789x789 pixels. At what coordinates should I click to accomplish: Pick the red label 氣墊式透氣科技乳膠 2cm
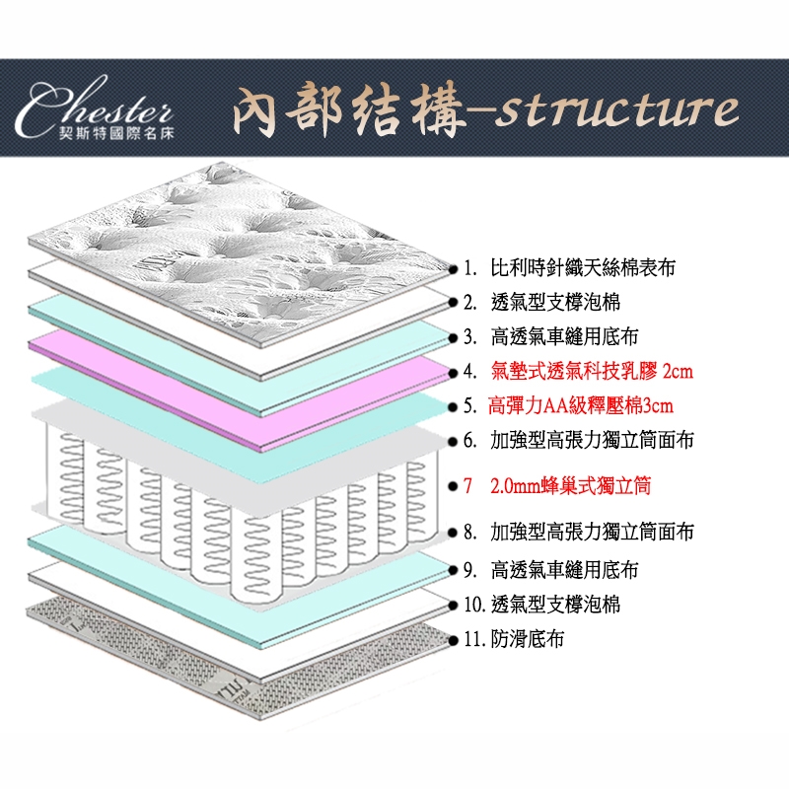[591, 372]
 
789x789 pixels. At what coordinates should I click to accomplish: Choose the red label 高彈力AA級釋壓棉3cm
[581, 406]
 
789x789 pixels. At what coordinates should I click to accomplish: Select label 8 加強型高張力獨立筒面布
[591, 534]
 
